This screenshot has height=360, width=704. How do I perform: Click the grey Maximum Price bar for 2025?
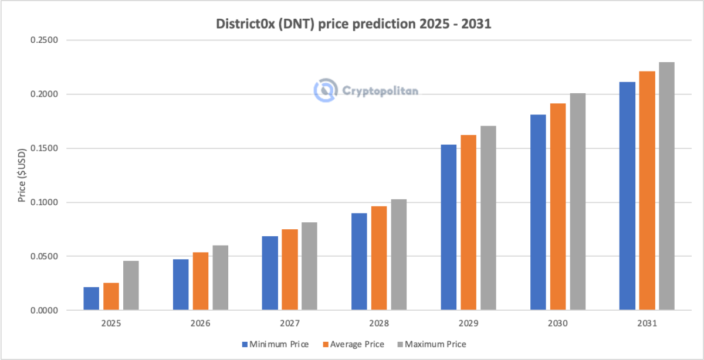(131, 286)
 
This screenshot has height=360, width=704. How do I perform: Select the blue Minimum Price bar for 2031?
(627, 196)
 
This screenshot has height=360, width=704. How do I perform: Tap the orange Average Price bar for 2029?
(468, 222)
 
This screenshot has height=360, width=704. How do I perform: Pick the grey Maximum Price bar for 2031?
(666, 186)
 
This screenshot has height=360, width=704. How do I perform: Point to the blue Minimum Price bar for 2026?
(181, 284)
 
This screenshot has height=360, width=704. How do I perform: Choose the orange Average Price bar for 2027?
(290, 270)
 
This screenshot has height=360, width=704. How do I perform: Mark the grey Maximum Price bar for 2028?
(398, 254)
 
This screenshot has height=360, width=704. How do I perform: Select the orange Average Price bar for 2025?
(111, 296)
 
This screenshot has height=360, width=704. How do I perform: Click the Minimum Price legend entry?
(273, 344)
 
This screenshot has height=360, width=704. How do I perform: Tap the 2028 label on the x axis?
(379, 323)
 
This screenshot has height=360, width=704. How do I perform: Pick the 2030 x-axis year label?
(557, 323)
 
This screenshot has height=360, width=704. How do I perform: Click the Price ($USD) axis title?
(22, 175)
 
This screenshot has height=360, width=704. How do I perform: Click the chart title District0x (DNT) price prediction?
(351, 25)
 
